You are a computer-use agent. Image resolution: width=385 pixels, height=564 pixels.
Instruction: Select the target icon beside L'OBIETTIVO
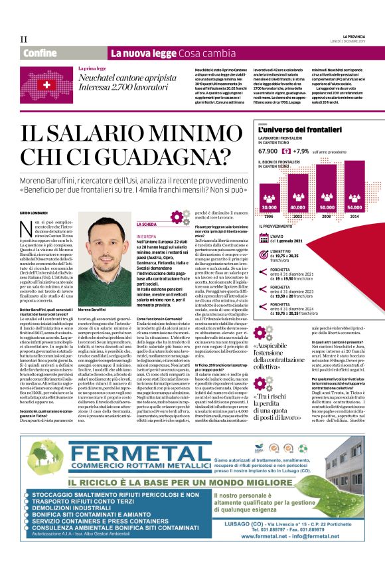(264, 256)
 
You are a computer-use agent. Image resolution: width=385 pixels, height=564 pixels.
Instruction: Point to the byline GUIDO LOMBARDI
(36, 211)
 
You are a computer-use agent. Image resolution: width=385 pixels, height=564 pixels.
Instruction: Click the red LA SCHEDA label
(147, 225)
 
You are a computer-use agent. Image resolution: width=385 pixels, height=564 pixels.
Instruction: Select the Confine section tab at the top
(39, 53)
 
